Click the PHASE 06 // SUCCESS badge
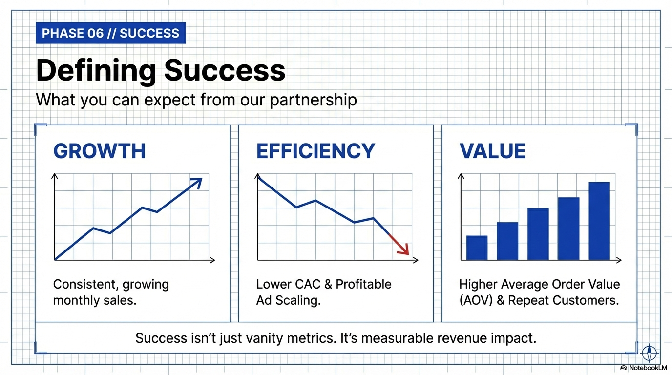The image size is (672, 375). [x=111, y=34]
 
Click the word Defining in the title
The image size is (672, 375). [x=95, y=71]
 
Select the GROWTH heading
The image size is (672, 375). [x=99, y=151]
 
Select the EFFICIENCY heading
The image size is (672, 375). [x=315, y=151]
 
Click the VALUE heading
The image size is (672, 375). [x=492, y=151]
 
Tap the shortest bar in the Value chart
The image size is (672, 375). [x=477, y=248]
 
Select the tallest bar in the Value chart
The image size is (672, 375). [x=599, y=221]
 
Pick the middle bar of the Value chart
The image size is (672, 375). [x=538, y=234]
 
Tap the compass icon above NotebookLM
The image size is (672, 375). [x=649, y=352]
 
